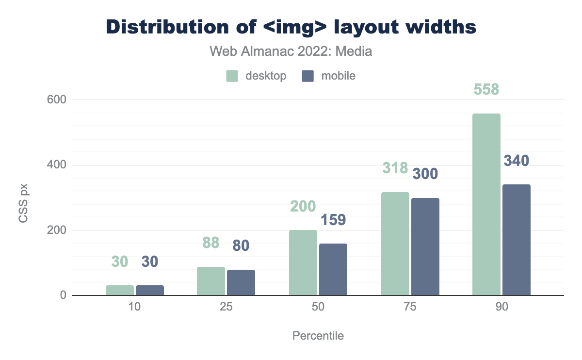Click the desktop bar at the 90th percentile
click(x=486, y=204)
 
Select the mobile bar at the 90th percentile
click(x=516, y=240)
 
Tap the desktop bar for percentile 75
click(x=395, y=244)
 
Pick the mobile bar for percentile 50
click(x=333, y=269)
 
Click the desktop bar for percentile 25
click(x=211, y=281)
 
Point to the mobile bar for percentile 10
click(x=150, y=290)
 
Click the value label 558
click(x=486, y=90)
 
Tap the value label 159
click(x=333, y=220)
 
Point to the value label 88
click(x=211, y=243)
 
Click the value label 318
click(x=395, y=168)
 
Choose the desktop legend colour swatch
click(x=232, y=76)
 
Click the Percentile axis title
click(x=318, y=336)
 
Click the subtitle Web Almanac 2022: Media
click(x=291, y=51)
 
